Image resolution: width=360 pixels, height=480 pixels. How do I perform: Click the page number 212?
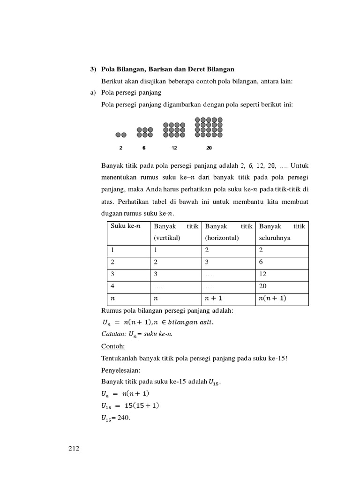74,449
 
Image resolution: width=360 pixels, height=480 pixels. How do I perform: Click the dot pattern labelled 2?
121,135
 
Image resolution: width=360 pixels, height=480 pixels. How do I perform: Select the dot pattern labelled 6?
145,132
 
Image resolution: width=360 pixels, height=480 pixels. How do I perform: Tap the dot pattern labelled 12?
174,130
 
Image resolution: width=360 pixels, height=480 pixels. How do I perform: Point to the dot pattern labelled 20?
209,127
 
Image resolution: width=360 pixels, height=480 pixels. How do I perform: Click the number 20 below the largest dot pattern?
209,148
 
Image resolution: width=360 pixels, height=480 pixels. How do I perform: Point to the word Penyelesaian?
120,370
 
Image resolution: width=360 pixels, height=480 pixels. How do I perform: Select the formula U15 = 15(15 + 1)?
130,405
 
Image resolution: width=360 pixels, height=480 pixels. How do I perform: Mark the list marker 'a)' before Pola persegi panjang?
93,93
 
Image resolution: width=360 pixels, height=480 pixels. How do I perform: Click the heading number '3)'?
93,69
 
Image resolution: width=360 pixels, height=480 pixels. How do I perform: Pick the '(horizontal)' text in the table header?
222,238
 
